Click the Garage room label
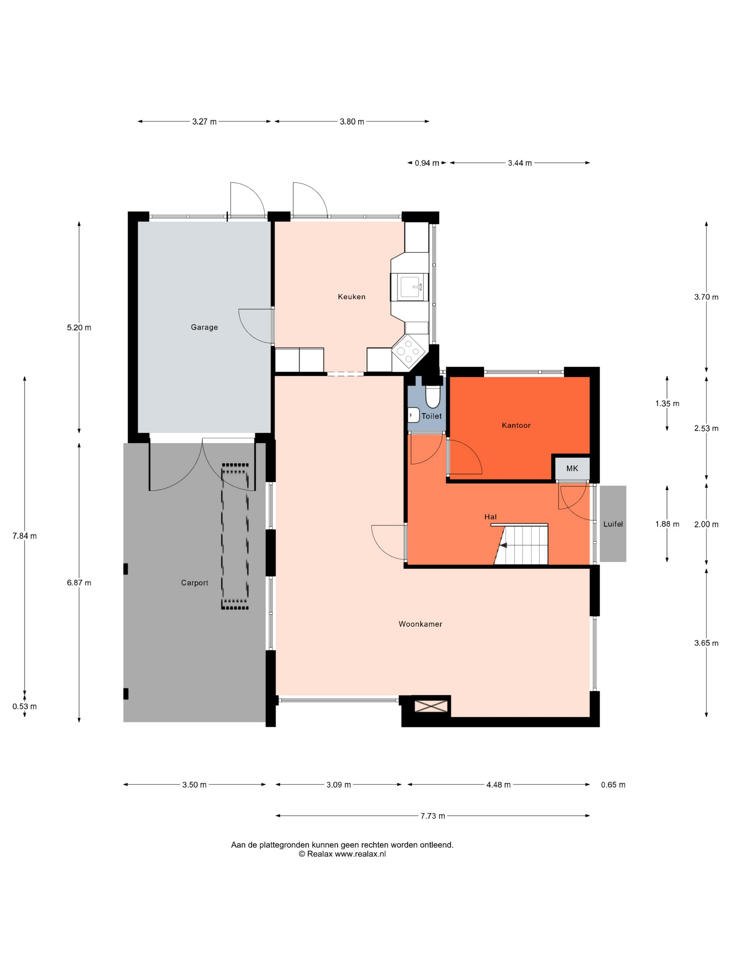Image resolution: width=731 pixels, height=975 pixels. click(204, 327)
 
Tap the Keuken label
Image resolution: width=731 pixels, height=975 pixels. click(351, 297)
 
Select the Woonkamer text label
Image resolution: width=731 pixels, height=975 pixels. click(420, 624)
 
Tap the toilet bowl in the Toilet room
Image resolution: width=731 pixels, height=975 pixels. click(432, 396)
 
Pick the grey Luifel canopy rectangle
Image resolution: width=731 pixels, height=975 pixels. click(612, 524)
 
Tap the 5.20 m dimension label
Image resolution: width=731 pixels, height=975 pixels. click(79, 328)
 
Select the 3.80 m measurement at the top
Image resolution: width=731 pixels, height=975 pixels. click(352, 122)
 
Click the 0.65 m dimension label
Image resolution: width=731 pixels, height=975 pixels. click(613, 785)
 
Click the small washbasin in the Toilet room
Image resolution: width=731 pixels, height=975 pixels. click(413, 415)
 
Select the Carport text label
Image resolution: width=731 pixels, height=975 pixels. click(194, 583)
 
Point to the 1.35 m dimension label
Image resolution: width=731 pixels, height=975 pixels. click(667, 403)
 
